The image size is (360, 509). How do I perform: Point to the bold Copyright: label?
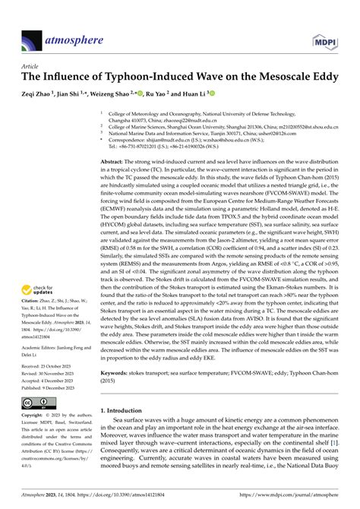tap(33, 416)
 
